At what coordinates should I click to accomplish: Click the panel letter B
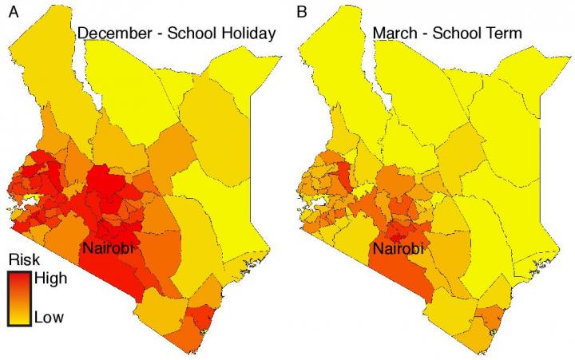tap(303, 11)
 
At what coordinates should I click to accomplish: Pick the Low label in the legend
tap(49, 317)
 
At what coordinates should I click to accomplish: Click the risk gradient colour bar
tap(18, 299)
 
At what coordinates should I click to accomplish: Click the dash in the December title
tap(160, 34)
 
